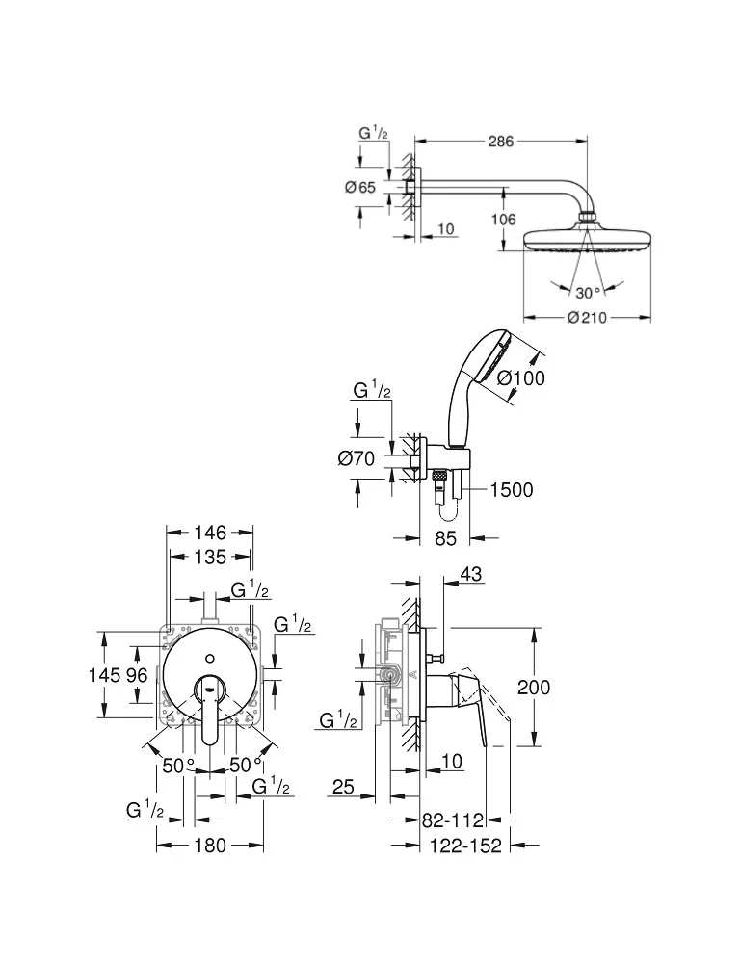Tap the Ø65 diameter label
click(x=359, y=188)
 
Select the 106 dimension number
click(x=503, y=220)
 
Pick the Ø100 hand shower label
click(x=521, y=378)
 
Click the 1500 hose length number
click(x=511, y=490)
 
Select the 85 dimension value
click(x=444, y=539)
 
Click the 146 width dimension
click(x=209, y=532)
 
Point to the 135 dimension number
click(x=209, y=557)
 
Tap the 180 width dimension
click(x=209, y=846)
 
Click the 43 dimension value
click(x=471, y=574)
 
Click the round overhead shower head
click(x=587, y=239)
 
